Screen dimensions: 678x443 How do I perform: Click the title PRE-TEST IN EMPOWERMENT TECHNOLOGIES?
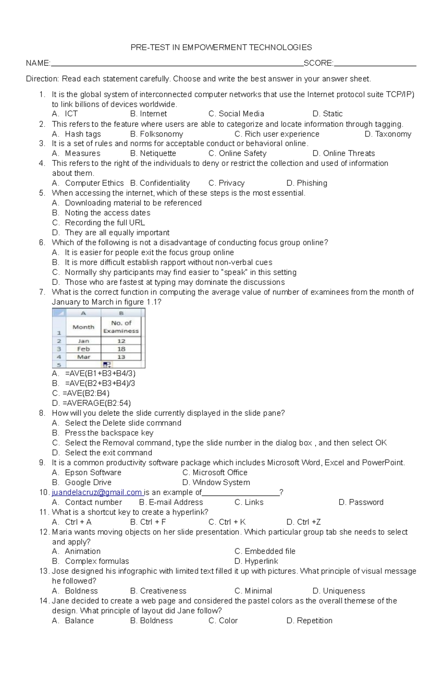point(221,47)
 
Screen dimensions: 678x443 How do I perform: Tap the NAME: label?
point(38,63)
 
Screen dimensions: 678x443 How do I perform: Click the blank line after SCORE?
point(375,64)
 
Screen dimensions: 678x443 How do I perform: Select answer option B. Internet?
point(148,114)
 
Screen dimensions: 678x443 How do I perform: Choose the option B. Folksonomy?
point(157,134)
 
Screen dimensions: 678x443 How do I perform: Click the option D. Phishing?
point(307,183)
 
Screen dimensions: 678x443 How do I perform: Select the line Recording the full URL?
point(104,223)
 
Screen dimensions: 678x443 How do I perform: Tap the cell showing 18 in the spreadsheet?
point(121,349)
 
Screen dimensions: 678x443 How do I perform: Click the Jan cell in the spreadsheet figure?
point(83,341)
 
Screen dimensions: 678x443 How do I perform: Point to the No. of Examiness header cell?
point(121,327)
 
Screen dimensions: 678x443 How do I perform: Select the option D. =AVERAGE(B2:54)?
point(92,403)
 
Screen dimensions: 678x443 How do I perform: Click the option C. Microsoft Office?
point(215,473)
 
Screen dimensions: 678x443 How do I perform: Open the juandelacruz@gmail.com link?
point(97,493)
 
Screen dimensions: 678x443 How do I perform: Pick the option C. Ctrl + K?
point(227,522)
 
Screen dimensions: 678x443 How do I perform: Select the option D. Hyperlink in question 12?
point(256,561)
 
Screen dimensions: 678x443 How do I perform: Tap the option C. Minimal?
point(253,591)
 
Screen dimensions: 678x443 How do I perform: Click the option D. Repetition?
point(309,621)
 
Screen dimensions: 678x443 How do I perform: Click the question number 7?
point(42,292)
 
